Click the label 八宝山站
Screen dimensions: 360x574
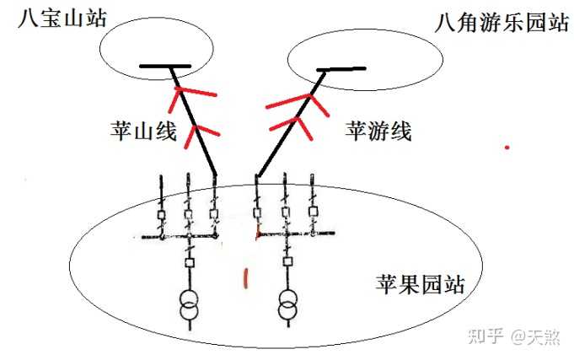coord(55,18)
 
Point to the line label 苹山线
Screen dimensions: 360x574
coord(143,131)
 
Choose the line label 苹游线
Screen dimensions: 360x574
coord(378,131)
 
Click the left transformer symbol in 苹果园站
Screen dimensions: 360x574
coord(188,305)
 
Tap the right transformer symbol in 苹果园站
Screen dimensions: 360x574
coord(287,305)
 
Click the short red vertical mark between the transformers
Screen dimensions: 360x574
coord(245,276)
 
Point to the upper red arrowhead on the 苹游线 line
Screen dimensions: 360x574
coord(295,103)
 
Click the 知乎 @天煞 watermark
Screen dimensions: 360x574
coord(513,336)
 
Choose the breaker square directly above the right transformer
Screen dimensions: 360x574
coord(287,261)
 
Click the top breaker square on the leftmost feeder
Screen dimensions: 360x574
coord(161,216)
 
